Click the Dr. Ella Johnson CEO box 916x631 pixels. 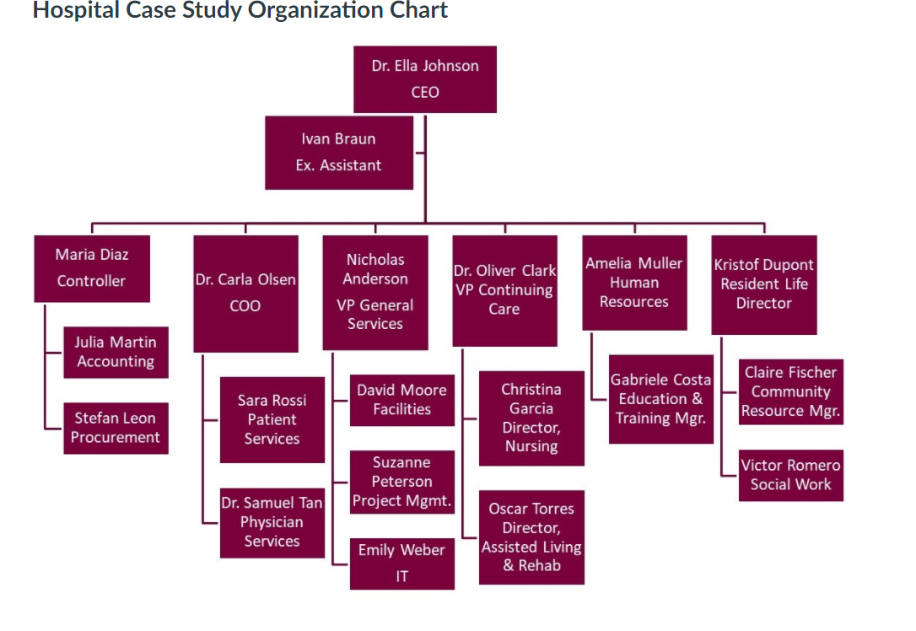[x=425, y=79]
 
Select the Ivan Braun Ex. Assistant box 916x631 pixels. [x=339, y=153]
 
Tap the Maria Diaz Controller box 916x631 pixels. [x=92, y=268]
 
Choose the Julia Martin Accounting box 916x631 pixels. [x=116, y=353]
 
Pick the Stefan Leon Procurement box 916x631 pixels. [x=116, y=428]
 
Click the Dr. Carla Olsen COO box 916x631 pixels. [x=245, y=294]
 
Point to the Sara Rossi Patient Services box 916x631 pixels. [x=272, y=419]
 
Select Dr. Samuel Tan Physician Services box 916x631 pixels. [x=272, y=522]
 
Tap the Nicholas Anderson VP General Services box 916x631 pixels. [x=375, y=292]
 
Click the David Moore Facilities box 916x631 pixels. [x=401, y=400]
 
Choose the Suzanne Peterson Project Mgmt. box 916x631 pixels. [x=401, y=482]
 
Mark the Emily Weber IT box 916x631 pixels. [x=401, y=563]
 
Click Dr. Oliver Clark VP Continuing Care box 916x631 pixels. [x=504, y=290]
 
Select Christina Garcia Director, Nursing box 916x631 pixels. [x=531, y=418]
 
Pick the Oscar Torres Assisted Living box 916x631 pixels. [x=531, y=537]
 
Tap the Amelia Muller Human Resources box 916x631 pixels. [x=634, y=283]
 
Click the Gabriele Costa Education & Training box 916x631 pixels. [x=661, y=399]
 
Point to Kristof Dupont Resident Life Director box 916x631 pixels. [x=764, y=284]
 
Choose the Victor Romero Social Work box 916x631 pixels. [x=791, y=475]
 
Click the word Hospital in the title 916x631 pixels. [x=72, y=11]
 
